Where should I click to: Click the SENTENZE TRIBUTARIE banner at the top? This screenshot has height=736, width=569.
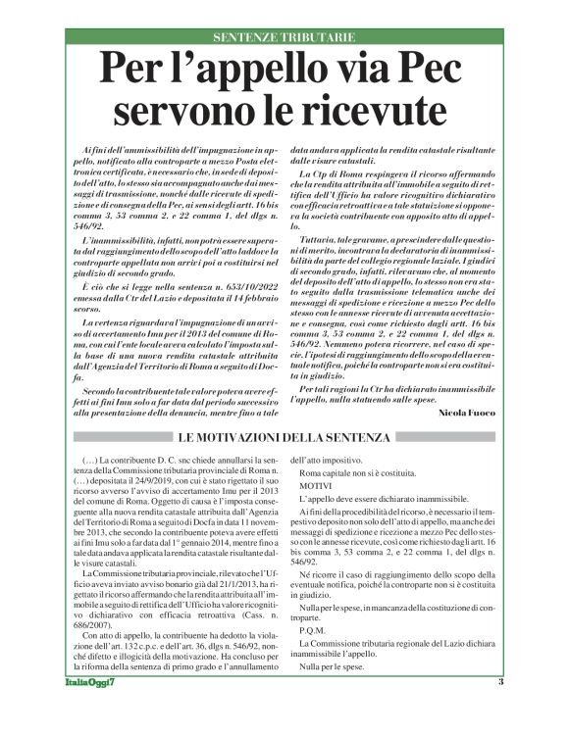284,36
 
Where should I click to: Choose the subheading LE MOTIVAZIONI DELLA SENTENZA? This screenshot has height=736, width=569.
284,436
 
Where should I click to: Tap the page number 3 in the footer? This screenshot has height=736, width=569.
501,711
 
